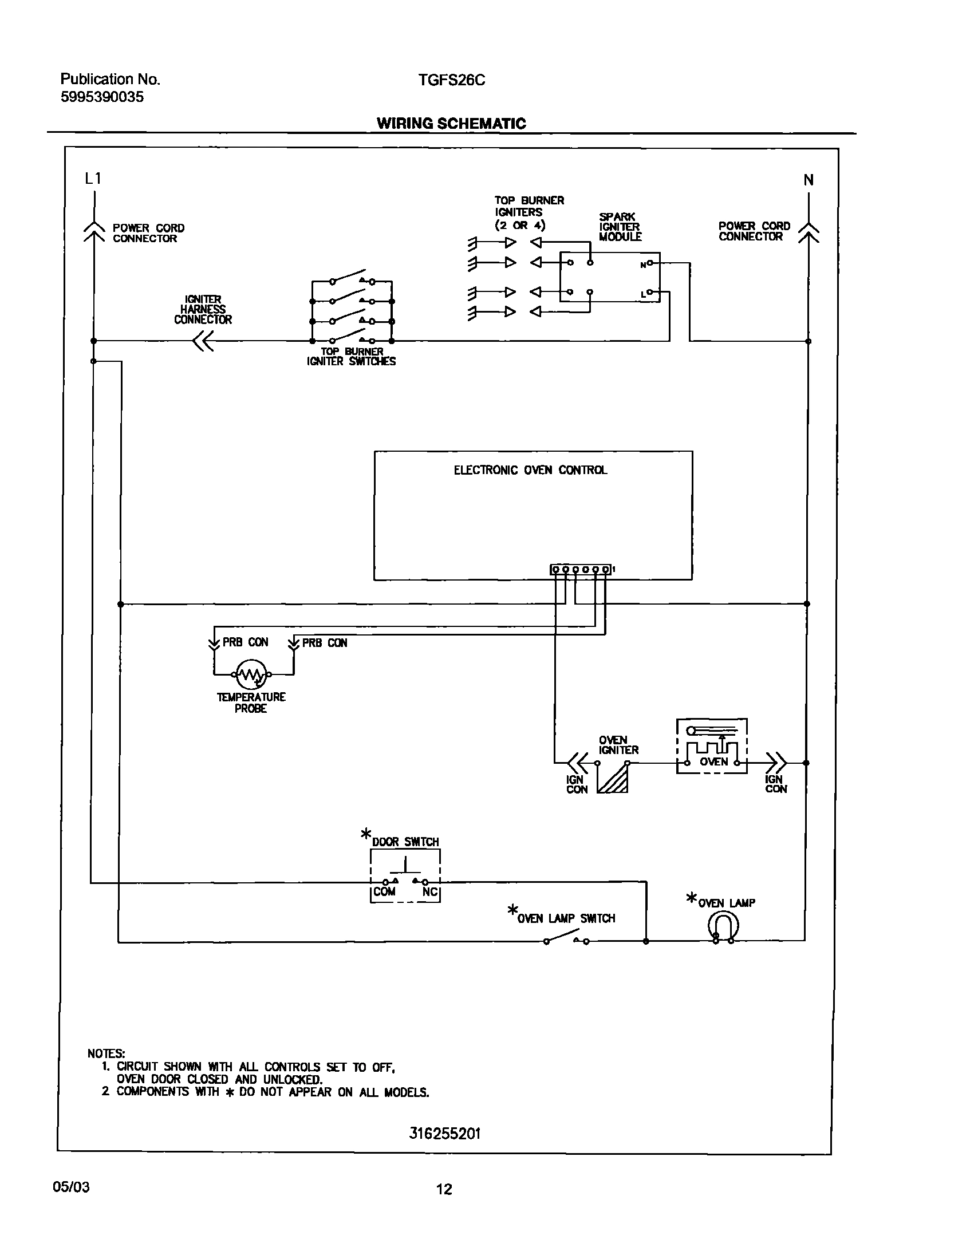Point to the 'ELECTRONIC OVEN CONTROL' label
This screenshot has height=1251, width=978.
[x=530, y=470]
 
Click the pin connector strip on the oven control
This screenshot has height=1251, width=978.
[x=581, y=570]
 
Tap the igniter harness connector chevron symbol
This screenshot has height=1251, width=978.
[x=203, y=342]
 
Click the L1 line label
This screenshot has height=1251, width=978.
[x=93, y=179]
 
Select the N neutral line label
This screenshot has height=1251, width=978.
[x=809, y=180]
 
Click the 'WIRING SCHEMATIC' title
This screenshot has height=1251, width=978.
[x=451, y=124]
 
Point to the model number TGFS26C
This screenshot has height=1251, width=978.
[x=451, y=80]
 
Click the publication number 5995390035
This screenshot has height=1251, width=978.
[x=102, y=97]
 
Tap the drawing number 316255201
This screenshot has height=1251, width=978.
[x=444, y=1134]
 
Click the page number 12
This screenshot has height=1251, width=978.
[x=444, y=1189]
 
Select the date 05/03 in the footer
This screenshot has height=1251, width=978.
[x=71, y=1187]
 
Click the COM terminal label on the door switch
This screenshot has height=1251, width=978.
[x=384, y=892]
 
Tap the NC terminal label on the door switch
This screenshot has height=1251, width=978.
[x=429, y=892]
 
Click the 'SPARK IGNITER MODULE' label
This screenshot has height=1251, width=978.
[x=620, y=227]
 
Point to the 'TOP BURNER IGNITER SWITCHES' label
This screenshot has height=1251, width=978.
[x=351, y=356]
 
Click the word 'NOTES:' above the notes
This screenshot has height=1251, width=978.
[x=106, y=1053]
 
